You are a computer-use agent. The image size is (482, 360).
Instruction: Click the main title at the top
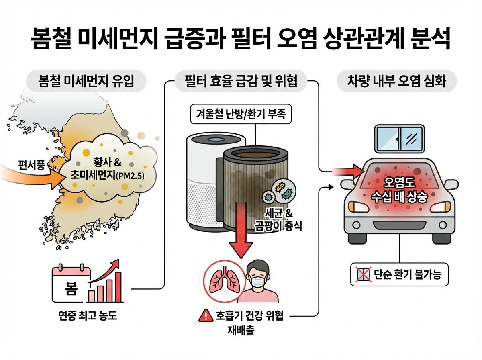click(241, 39)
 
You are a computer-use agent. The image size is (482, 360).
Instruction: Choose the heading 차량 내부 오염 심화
click(397, 81)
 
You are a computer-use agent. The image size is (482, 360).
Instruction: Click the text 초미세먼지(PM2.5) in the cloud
click(107, 176)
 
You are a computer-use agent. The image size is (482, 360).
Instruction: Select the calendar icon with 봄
click(70, 284)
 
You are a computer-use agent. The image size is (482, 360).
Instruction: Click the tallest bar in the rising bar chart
click(119, 286)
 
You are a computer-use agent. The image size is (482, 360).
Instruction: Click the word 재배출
click(241, 332)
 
